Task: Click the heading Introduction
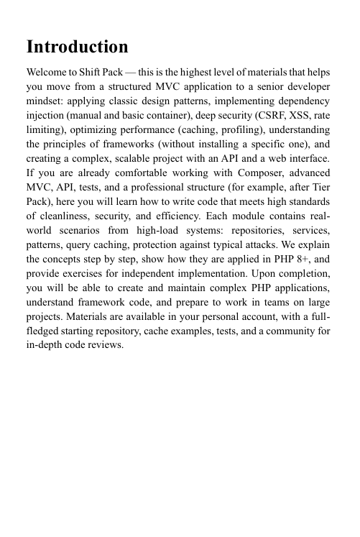coord(77,48)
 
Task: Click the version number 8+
coord(294,251)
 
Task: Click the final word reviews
coord(107,346)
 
